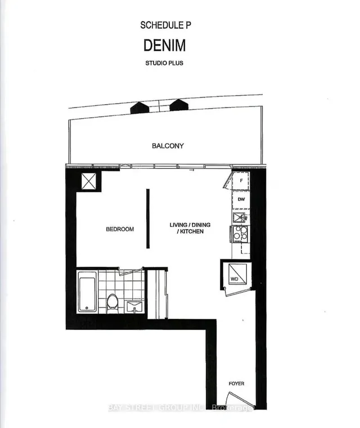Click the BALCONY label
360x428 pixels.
click(x=168, y=146)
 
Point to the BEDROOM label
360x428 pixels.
click(x=120, y=229)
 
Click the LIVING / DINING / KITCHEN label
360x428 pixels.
click(x=190, y=228)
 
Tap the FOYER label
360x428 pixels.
click(x=236, y=384)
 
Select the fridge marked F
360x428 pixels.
click(x=241, y=181)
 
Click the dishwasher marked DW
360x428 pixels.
click(x=241, y=199)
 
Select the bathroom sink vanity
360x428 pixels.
click(x=134, y=306)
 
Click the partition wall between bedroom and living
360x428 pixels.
click(x=148, y=219)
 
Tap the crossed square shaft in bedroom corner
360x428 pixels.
click(x=89, y=182)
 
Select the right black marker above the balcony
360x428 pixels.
click(x=178, y=105)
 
